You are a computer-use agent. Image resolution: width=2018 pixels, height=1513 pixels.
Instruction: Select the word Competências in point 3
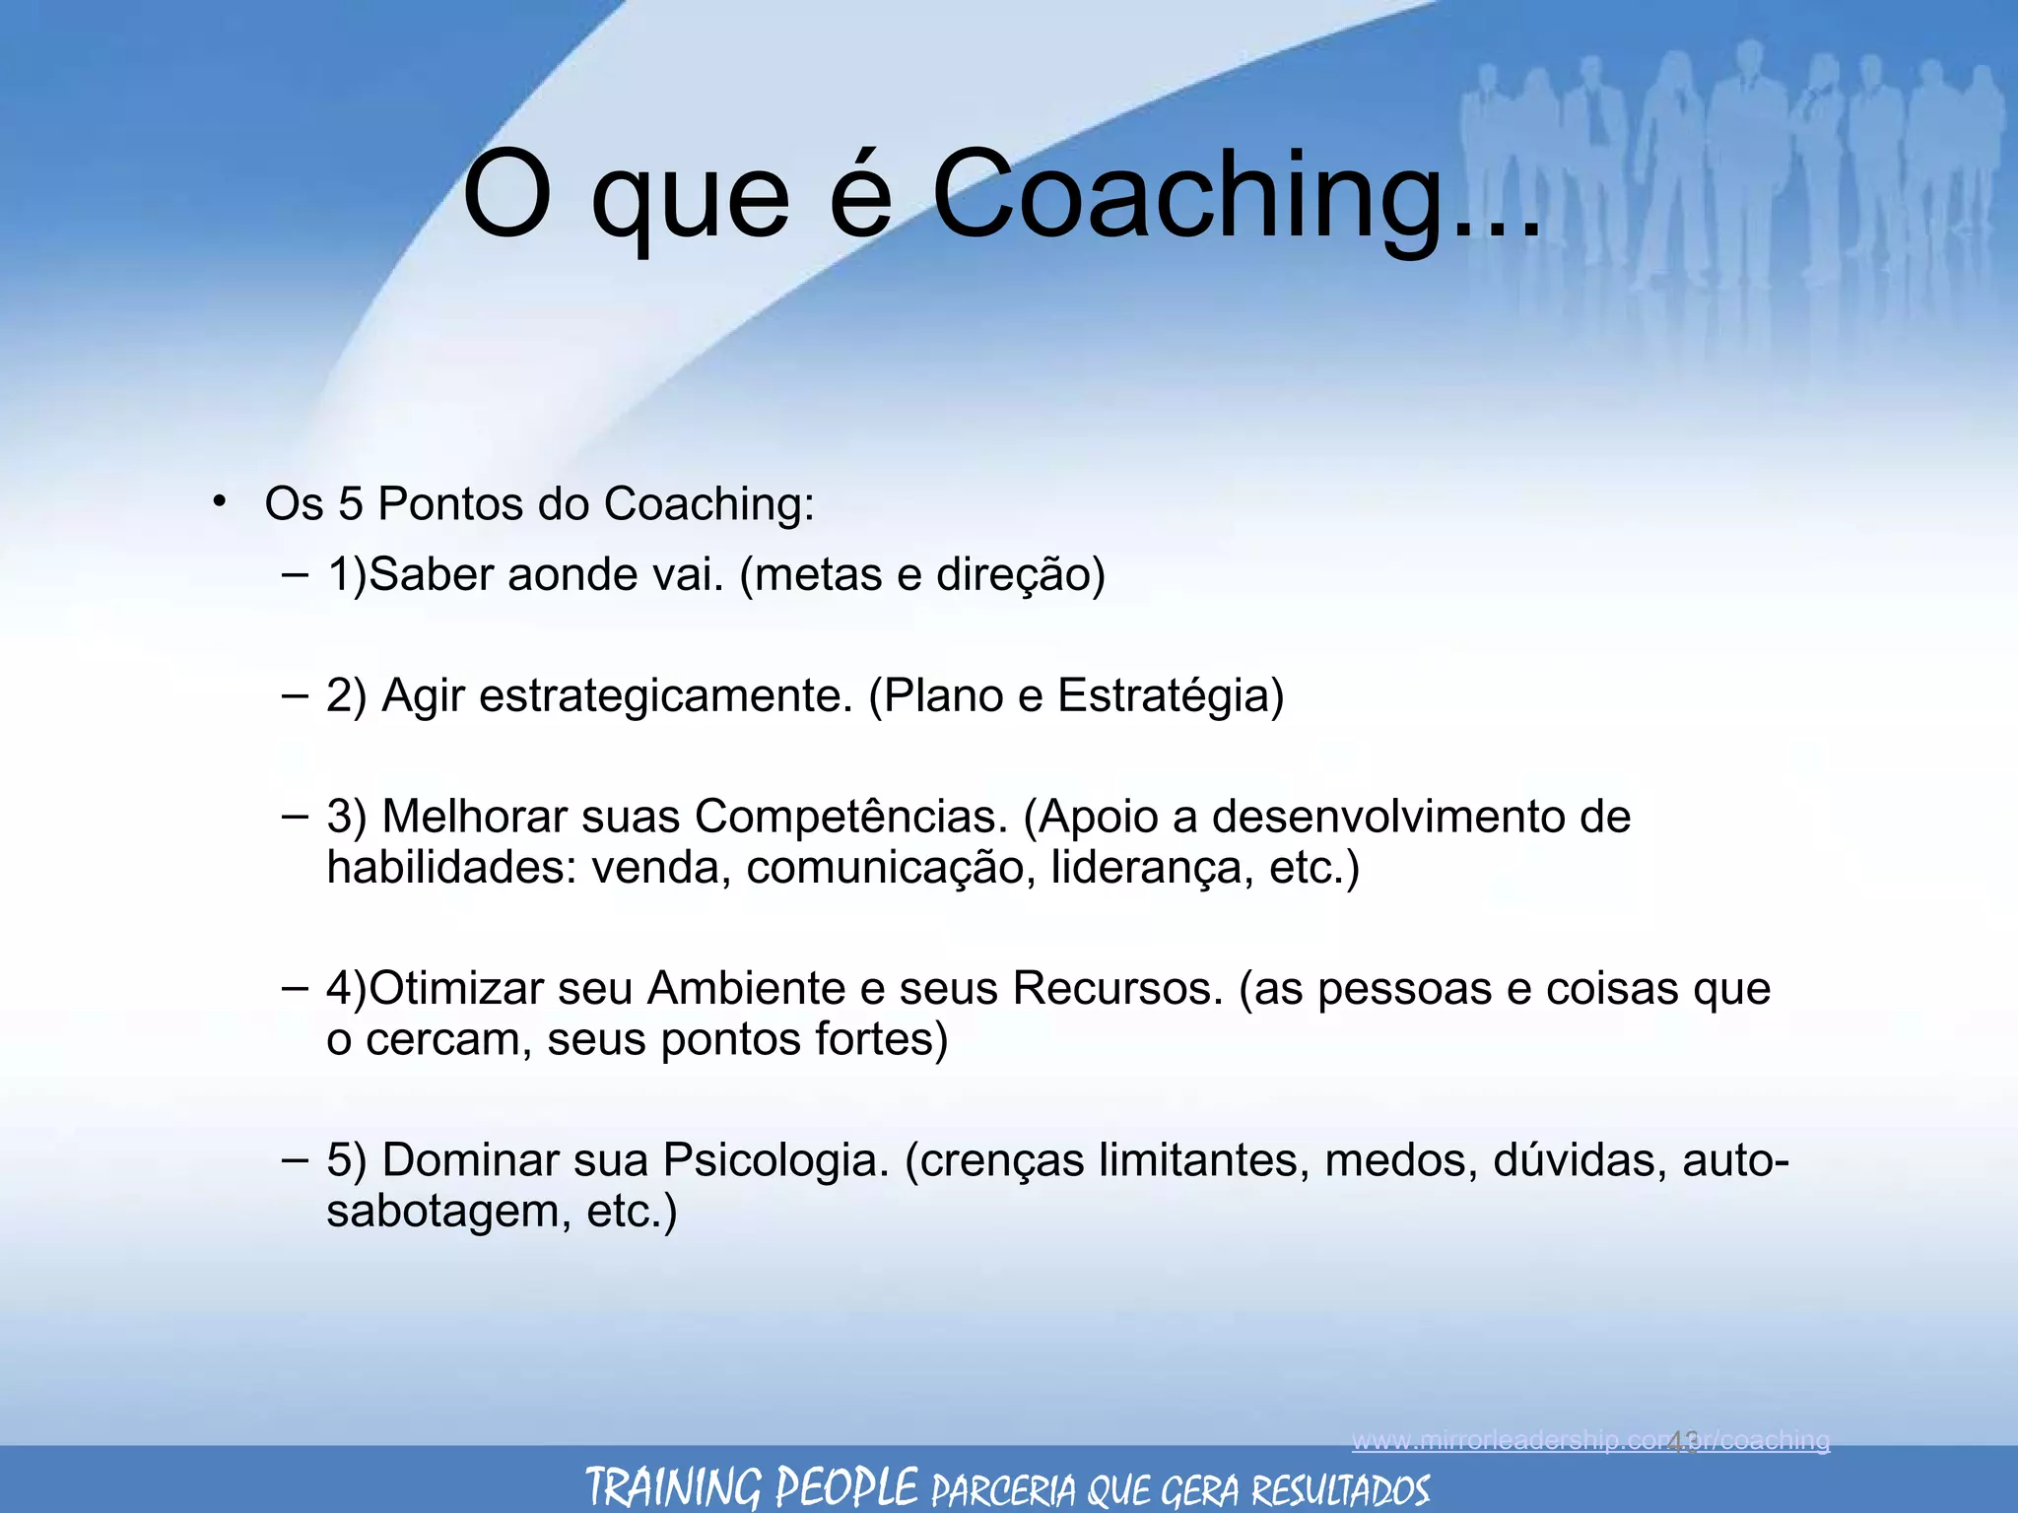tap(851, 818)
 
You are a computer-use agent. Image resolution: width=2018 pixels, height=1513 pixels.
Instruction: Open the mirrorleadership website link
tap(1590, 1441)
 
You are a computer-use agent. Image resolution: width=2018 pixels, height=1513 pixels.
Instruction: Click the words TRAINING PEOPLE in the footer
tap(751, 1486)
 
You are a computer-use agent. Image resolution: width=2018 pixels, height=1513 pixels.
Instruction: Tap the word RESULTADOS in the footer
tap(1340, 1489)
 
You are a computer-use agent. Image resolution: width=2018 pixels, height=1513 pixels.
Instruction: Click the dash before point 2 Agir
tap(294, 695)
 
